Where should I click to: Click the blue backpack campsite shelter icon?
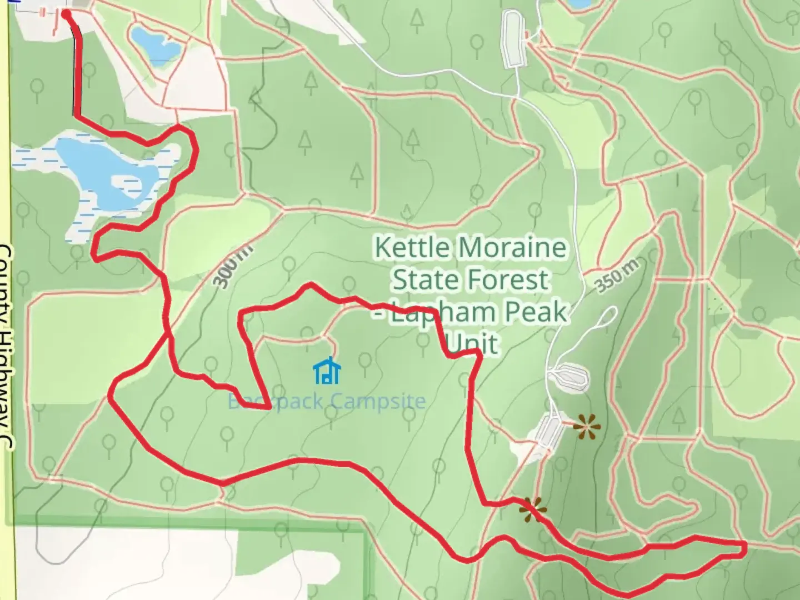(327, 372)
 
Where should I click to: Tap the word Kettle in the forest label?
(411, 247)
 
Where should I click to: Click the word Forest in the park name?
(510, 279)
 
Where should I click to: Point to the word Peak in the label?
(537, 312)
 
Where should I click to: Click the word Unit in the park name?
(472, 344)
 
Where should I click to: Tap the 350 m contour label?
(616, 276)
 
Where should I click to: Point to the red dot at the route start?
(66, 13)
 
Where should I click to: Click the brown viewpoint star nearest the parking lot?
(587, 427)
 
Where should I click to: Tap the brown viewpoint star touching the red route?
(533, 509)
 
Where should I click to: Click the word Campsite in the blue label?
(378, 401)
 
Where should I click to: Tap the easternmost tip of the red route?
(743, 549)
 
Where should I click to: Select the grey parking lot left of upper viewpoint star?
(549, 431)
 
